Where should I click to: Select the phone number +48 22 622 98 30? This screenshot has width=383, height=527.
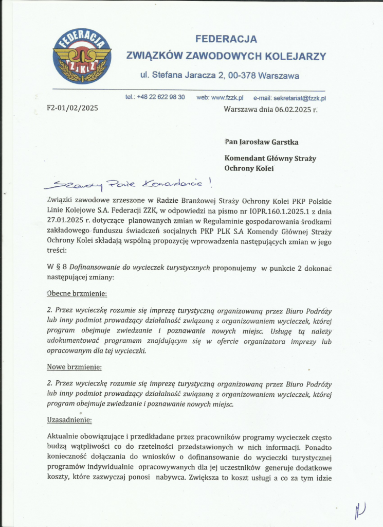coord(161,97)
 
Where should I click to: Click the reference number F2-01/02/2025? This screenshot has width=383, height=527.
coord(72,108)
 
